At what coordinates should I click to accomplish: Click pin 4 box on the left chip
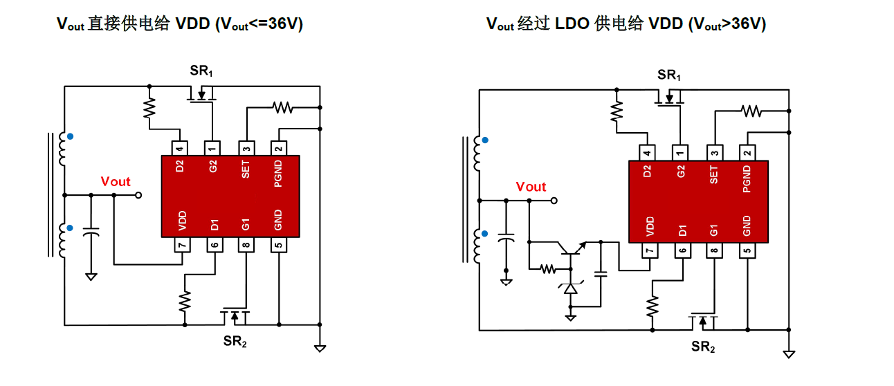pyautogui.click(x=180, y=147)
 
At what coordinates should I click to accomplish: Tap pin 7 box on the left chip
pyautogui.click(x=181, y=244)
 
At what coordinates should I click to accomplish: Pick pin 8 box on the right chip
pyautogui.click(x=714, y=250)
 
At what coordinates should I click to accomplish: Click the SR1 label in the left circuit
pyautogui.click(x=202, y=71)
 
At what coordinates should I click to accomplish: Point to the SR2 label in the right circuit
pyautogui.click(x=703, y=347)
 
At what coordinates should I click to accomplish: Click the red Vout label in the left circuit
pyautogui.click(x=116, y=182)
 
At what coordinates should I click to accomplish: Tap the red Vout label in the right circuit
pyautogui.click(x=531, y=187)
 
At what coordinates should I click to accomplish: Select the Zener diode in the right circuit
pyautogui.click(x=571, y=287)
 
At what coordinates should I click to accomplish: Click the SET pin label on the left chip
pyautogui.click(x=246, y=169)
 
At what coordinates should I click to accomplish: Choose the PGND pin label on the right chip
pyautogui.click(x=747, y=178)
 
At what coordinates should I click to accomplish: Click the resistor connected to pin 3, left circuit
pyautogui.click(x=282, y=107)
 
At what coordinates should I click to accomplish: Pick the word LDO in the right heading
pyautogui.click(x=572, y=24)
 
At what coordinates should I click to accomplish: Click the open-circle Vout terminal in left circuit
pyautogui.click(x=138, y=196)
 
